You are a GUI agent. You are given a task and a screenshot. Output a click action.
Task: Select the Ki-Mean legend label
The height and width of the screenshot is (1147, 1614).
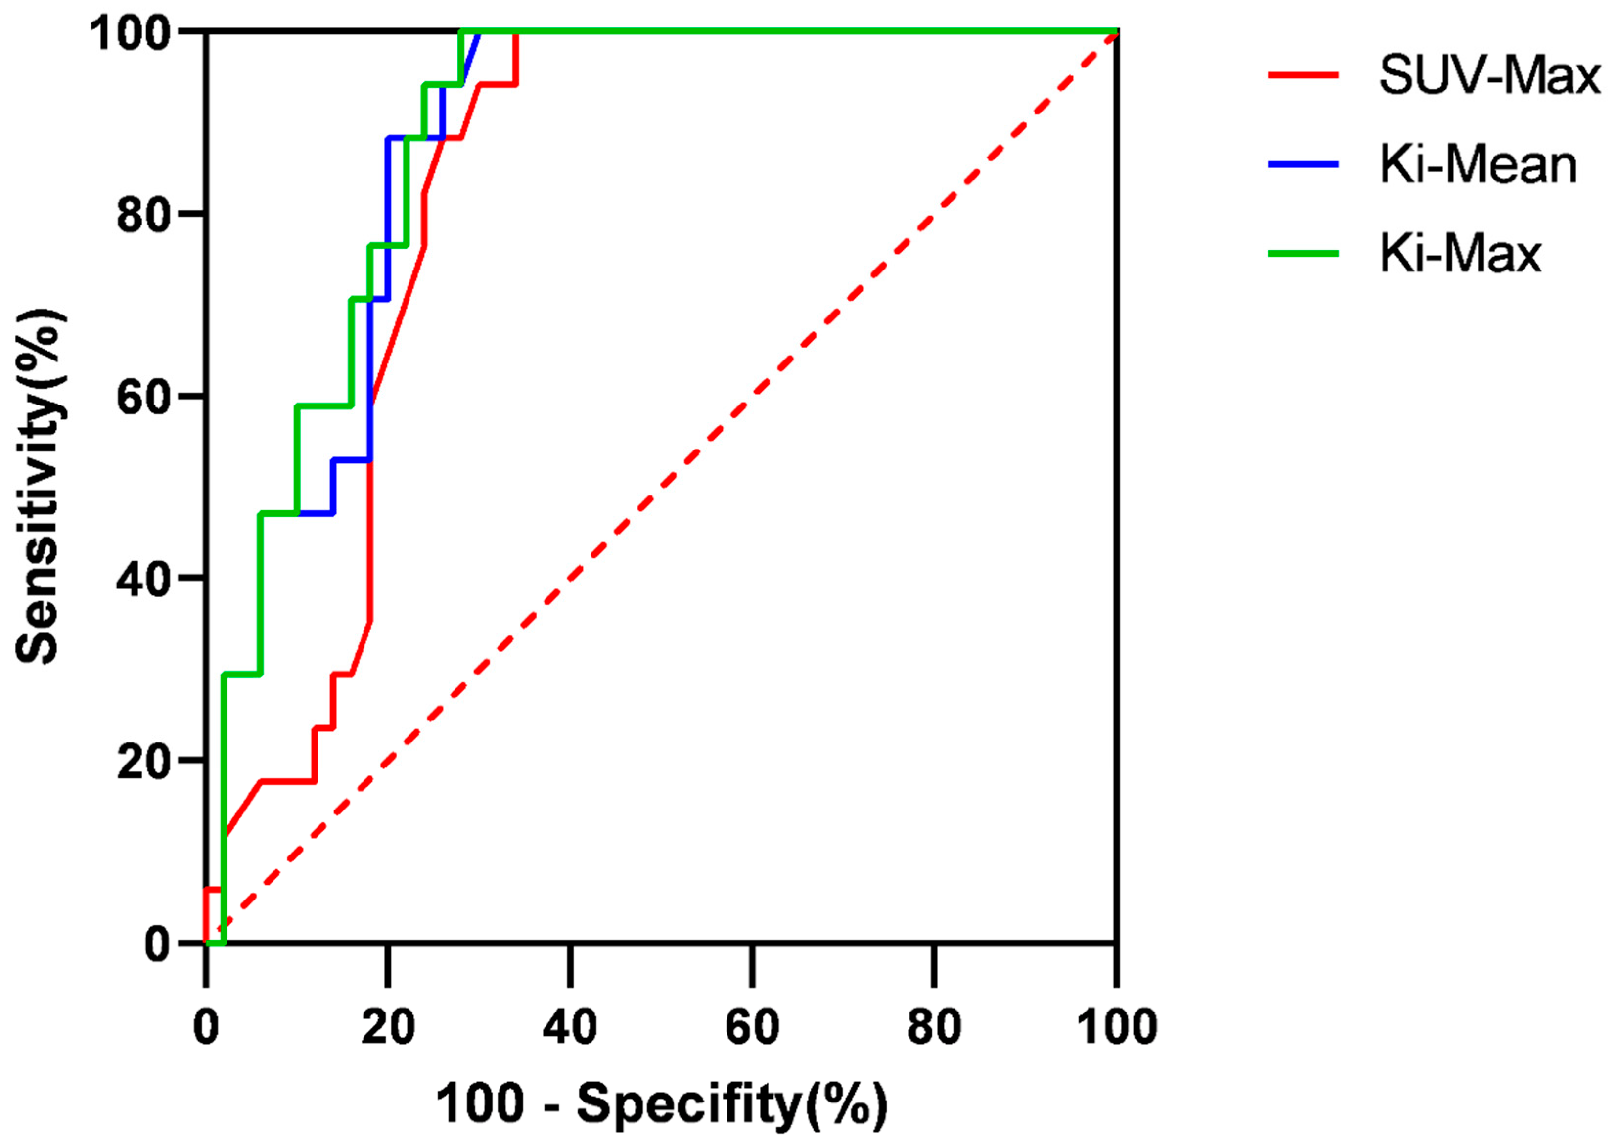point(1478,165)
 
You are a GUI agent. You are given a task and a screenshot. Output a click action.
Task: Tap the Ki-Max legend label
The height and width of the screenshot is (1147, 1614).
point(1459,253)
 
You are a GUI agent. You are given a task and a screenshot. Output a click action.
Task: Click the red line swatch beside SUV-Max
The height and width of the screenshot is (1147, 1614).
point(1303,75)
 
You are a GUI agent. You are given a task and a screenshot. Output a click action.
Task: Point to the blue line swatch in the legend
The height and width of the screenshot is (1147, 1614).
point(1303,164)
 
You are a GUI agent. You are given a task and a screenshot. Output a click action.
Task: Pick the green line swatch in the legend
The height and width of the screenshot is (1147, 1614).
point(1303,253)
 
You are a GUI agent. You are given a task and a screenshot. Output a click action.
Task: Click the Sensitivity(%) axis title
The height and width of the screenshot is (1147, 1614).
point(40,487)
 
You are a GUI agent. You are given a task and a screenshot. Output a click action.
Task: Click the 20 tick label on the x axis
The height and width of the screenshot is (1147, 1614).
point(388,1027)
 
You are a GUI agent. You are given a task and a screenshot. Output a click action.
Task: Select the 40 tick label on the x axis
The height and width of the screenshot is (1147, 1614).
point(570,1027)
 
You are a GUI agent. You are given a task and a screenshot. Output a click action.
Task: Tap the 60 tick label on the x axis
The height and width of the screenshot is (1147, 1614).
point(752,1027)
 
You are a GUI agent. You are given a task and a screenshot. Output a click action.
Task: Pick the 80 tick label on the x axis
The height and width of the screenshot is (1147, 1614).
point(934,1027)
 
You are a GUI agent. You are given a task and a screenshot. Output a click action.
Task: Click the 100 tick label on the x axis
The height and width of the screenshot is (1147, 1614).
point(1116,1027)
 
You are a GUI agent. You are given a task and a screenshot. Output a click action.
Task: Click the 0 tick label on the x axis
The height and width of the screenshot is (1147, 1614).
point(205,1027)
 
